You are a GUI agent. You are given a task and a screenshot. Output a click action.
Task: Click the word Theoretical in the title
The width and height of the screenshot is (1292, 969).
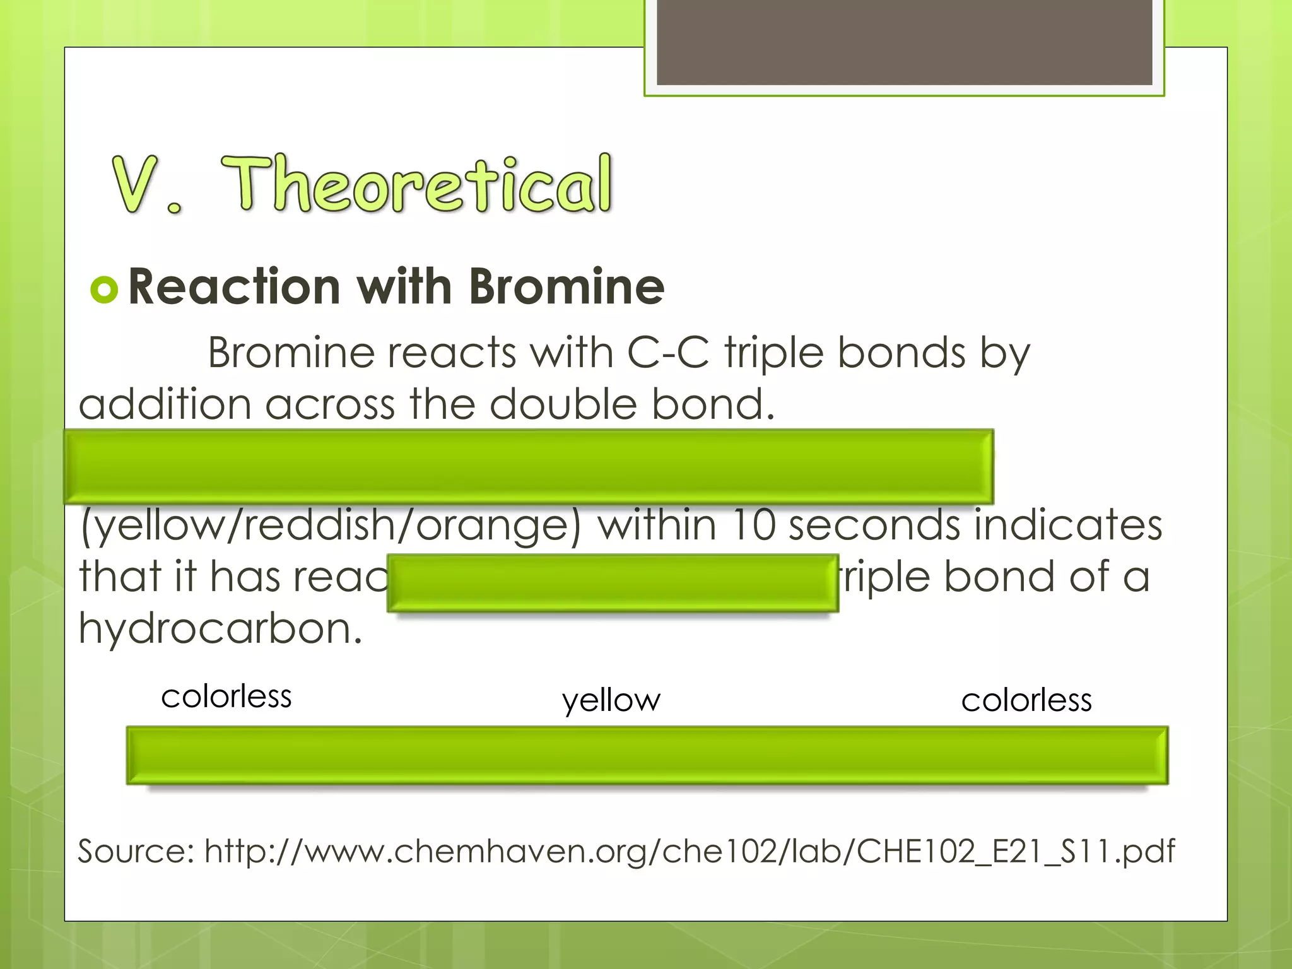coord(416,184)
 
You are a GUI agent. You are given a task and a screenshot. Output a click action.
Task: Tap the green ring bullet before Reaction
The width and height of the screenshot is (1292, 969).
coord(104,290)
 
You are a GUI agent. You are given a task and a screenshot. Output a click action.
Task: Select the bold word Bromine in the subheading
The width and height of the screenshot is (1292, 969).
coord(566,287)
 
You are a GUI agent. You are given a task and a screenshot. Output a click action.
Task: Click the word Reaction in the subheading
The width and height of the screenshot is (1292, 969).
coord(235,287)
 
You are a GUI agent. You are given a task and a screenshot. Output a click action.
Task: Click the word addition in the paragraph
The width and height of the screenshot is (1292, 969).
coord(165,404)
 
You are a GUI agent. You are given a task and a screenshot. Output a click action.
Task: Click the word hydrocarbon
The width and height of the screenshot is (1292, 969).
coord(220,629)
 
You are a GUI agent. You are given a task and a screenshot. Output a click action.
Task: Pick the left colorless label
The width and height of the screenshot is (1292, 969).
coord(226,696)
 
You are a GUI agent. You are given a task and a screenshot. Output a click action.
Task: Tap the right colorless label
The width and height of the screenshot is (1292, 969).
coord(1026,700)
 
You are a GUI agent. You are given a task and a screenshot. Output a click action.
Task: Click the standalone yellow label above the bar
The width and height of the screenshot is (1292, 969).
coord(611,701)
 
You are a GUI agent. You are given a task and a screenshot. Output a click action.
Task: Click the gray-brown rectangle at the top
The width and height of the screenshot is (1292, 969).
coord(904,42)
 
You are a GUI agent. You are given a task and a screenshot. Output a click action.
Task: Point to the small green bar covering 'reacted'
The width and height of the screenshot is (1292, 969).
coord(613,583)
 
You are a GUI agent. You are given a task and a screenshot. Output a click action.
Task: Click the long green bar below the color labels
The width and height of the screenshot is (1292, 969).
coord(647,755)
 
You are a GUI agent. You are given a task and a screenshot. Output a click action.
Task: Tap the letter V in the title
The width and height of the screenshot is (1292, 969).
coord(135,184)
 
